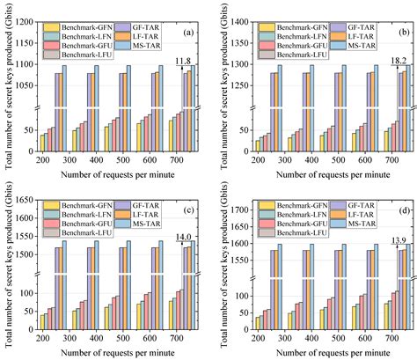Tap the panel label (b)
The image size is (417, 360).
pos(398,34)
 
